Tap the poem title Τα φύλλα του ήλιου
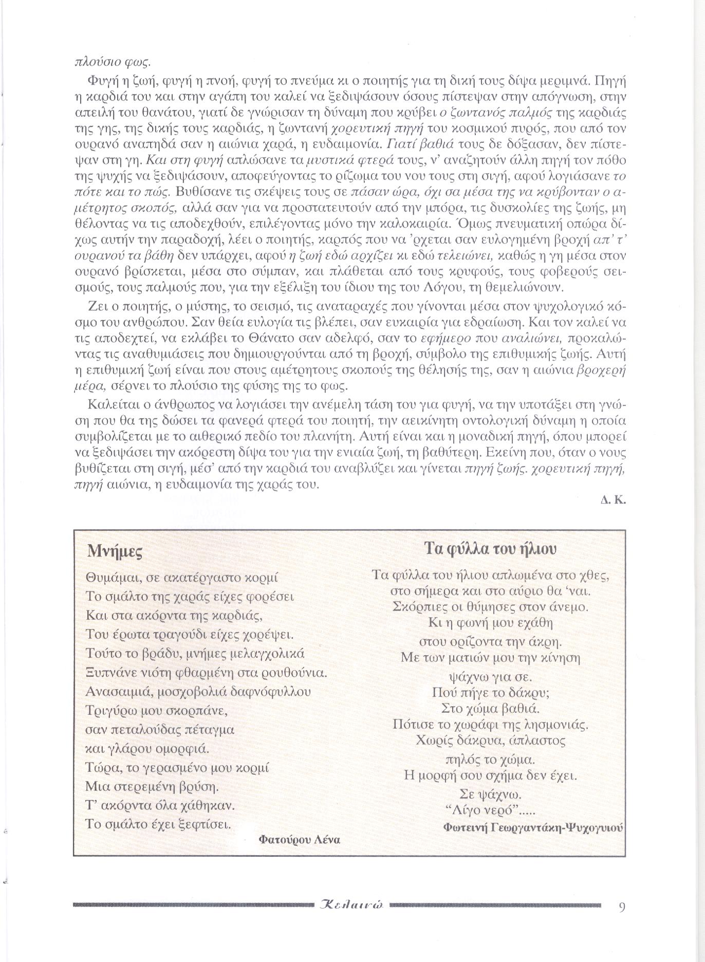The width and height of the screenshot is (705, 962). coord(491,548)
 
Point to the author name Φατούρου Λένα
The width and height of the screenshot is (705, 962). coord(300,840)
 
